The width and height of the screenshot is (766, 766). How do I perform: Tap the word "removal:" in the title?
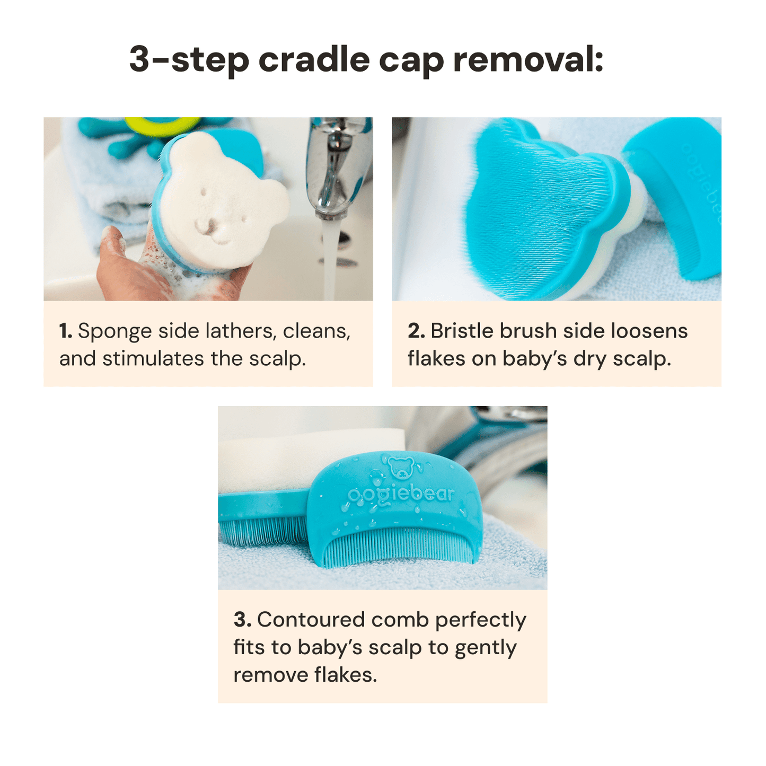528,59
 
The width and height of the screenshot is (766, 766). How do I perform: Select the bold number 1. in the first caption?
66,331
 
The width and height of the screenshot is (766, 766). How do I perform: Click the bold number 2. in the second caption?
416,331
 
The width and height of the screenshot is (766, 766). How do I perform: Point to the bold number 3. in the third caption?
242,620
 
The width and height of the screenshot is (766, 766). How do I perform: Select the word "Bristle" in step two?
462,331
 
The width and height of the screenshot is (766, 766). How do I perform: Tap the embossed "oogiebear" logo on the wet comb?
401,495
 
